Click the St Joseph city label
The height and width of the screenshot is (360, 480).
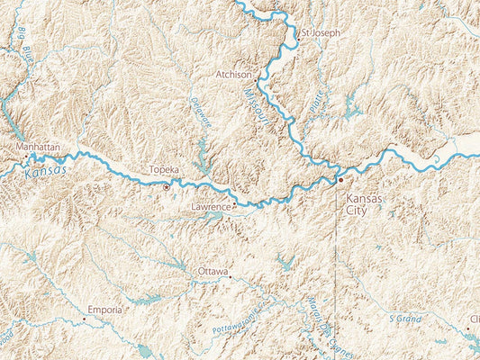tap(322, 32)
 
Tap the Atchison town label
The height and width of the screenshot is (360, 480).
tap(235, 74)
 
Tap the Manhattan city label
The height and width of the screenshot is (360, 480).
tap(38, 146)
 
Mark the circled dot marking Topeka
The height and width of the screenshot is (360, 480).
tap(167, 187)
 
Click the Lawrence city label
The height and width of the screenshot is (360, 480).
tap(211, 207)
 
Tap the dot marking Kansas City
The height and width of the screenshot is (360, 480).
tap(340, 181)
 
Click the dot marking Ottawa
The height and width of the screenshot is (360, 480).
tap(231, 277)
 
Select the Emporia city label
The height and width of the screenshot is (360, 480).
tap(104, 309)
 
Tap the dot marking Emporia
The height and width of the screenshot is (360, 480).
tap(86, 318)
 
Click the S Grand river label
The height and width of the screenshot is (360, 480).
tap(405, 318)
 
